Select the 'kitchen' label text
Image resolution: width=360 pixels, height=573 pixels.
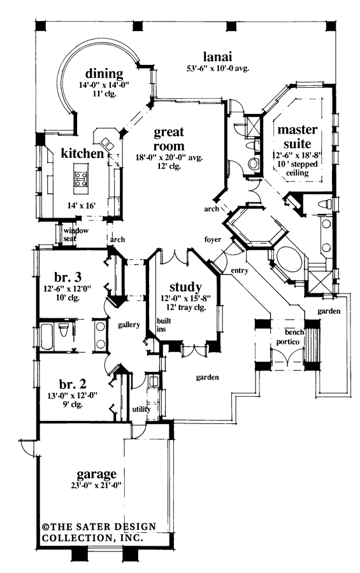tap(82, 153)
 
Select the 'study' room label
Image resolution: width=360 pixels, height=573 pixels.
tap(186, 286)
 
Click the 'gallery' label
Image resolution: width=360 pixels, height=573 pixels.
tap(129, 325)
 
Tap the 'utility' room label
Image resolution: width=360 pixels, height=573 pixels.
tap(141, 409)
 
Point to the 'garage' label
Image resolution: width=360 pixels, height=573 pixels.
tap(96, 474)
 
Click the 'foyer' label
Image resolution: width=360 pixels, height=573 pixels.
tap(212, 240)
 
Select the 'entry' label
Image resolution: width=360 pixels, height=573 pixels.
tap(239, 272)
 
